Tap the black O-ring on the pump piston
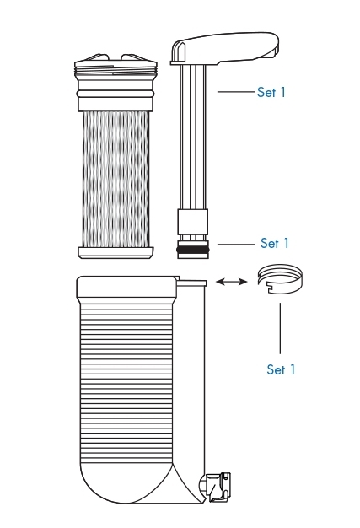click(193, 250)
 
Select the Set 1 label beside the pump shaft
click(271, 92)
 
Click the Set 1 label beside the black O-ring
click(275, 243)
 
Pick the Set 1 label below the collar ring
click(281, 369)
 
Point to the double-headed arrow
click(231, 281)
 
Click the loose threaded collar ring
click(280, 279)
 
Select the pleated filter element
click(116, 179)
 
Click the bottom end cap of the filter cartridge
click(116, 252)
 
